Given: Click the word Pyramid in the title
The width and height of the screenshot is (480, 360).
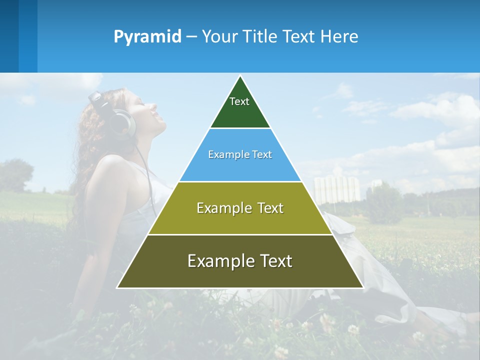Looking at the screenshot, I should pyautogui.click(x=147, y=37).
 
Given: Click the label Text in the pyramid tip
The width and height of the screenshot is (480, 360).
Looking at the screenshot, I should pyautogui.click(x=239, y=101).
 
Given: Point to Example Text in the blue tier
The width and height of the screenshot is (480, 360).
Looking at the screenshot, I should pyautogui.click(x=240, y=154).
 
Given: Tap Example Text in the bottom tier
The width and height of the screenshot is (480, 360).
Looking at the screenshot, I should pyautogui.click(x=240, y=261).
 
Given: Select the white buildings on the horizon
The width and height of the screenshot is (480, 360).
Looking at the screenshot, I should pyautogui.click(x=336, y=188).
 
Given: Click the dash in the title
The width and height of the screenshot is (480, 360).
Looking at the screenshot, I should pyautogui.click(x=191, y=37).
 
